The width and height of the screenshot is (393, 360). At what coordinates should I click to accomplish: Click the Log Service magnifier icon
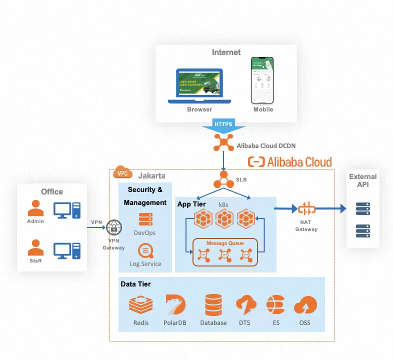coord(145,250)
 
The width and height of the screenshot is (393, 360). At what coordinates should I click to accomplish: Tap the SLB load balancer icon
coord(223,178)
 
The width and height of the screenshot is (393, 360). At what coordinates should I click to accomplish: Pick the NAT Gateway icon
coord(306,209)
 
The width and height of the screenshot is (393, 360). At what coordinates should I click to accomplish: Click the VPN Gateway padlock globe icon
coord(114,227)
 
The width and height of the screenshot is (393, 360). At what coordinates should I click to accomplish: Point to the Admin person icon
coord(35,208)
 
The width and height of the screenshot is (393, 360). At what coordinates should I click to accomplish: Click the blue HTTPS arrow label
coord(223,124)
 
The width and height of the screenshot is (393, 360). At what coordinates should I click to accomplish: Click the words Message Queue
coord(225,243)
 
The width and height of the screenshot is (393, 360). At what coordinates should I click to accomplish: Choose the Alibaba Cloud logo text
coord(290,162)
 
